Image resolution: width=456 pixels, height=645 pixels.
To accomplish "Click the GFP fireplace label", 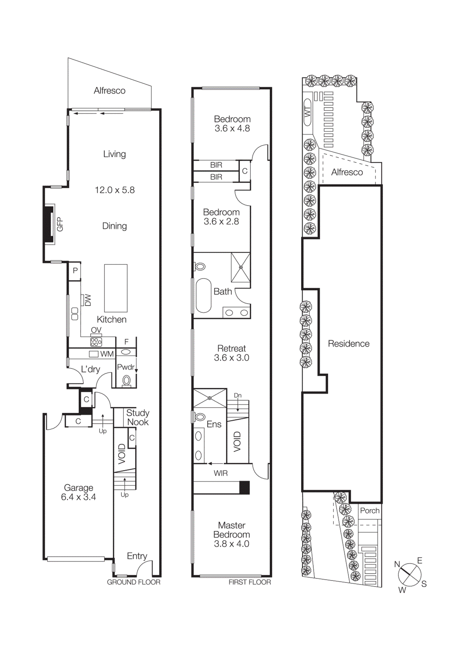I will pyautogui.click(x=60, y=224).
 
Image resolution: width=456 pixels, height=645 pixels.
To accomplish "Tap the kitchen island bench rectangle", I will pyautogui.click(x=116, y=288).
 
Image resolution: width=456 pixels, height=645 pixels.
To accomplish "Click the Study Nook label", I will pyautogui.click(x=137, y=417).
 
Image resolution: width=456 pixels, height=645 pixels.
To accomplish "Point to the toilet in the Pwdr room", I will pyautogui.click(x=127, y=380).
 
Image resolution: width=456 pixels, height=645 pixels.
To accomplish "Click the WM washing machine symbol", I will pyautogui.click(x=94, y=354).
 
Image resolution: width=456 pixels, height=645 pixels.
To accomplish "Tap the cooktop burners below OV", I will pyautogui.click(x=96, y=342).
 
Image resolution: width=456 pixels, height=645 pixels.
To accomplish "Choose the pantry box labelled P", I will pyautogui.click(x=75, y=271).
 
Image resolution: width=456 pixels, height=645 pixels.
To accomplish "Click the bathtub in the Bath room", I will pyautogui.click(x=204, y=295).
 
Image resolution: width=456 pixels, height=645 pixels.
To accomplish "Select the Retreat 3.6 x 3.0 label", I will pyautogui.click(x=231, y=353).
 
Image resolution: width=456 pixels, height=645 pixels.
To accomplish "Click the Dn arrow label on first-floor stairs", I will pyautogui.click(x=238, y=395).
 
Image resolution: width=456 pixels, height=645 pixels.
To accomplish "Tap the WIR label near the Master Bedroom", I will pyautogui.click(x=221, y=473).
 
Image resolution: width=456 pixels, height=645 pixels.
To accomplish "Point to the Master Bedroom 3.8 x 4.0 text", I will pyautogui.click(x=231, y=535).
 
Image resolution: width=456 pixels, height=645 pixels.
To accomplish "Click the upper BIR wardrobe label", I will pyautogui.click(x=216, y=165).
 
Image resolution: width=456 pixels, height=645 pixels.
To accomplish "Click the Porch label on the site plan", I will pyautogui.click(x=369, y=510).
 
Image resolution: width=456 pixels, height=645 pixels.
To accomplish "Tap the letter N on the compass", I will pyautogui.click(x=397, y=564).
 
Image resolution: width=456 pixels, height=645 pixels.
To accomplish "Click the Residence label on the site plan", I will pyautogui.click(x=348, y=343).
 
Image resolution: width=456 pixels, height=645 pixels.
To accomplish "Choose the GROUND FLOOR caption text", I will pyautogui.click(x=133, y=582).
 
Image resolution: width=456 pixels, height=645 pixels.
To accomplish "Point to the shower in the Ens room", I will pyautogui.click(x=210, y=398).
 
